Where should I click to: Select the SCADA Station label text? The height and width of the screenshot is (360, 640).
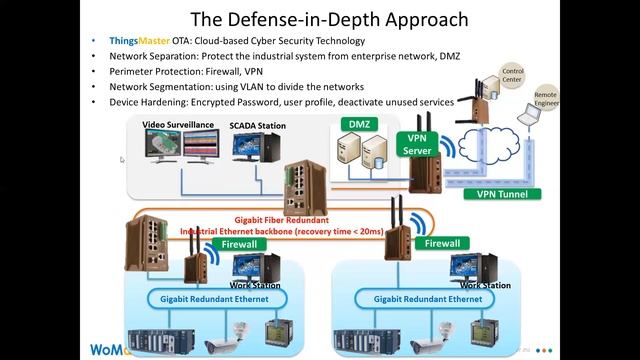coord(257,126)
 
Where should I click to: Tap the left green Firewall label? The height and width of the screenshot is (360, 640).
coord(237,243)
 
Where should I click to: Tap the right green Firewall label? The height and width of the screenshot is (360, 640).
coord(441,243)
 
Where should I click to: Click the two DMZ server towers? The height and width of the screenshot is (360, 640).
coord(361,153)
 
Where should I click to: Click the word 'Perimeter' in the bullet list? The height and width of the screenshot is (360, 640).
coord(138,72)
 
